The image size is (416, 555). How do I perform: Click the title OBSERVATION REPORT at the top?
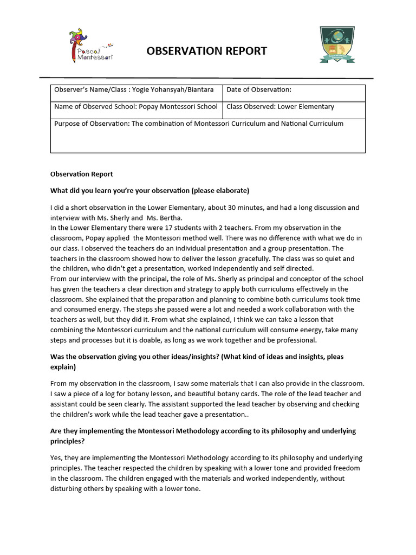[x=206, y=51]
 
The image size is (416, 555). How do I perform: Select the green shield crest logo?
[x=336, y=46]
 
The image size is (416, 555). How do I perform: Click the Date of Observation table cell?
[x=294, y=90]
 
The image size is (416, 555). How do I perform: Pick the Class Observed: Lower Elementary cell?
[x=294, y=107]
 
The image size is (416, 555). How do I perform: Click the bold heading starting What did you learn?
[x=149, y=190]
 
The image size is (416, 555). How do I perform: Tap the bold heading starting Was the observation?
[x=197, y=357]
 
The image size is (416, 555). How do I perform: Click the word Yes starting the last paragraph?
[x=56, y=458]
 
